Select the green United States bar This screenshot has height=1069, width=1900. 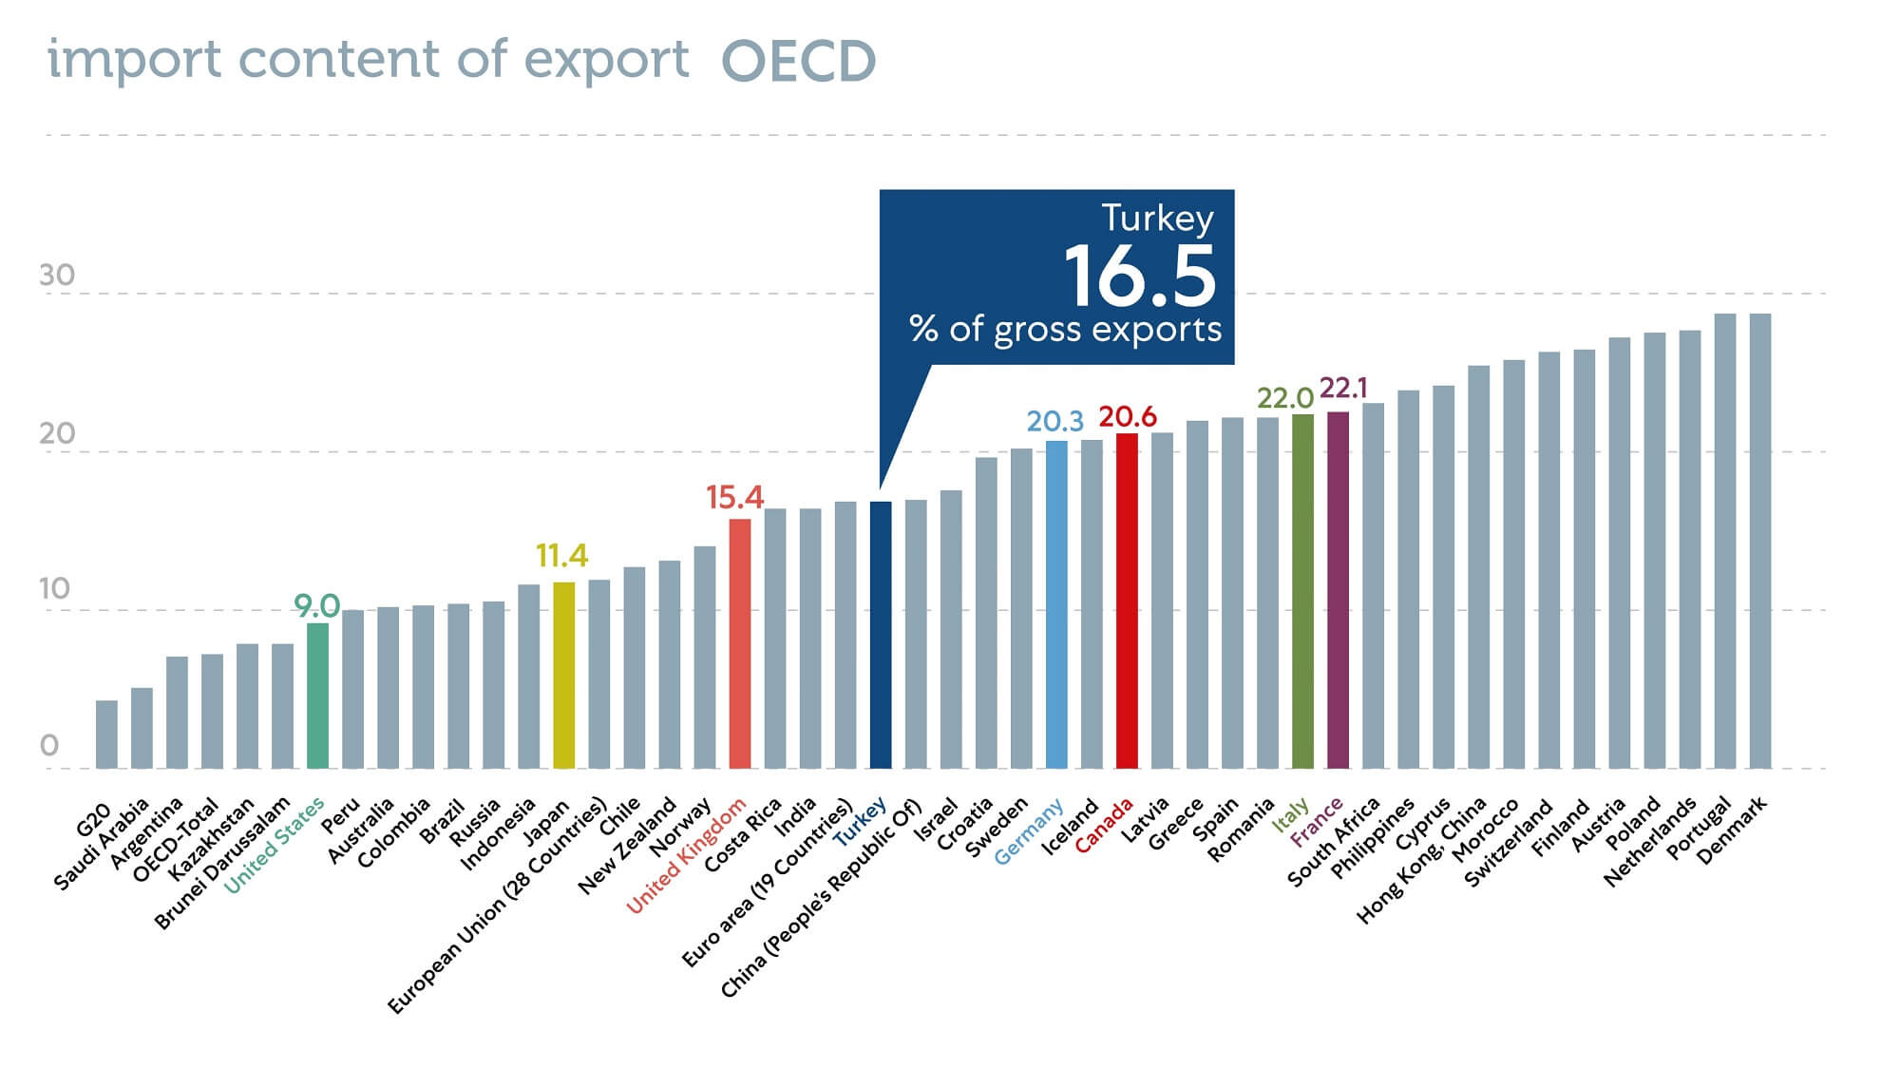click(318, 696)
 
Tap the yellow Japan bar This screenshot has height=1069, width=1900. click(563, 675)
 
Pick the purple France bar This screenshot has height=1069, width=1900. click(1338, 589)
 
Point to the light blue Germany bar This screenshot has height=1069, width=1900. click(1056, 604)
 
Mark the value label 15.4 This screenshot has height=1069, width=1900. click(734, 497)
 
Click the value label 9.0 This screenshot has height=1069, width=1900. click(316, 605)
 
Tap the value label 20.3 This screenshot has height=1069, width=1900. click(1054, 421)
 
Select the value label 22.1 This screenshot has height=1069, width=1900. click(1343, 388)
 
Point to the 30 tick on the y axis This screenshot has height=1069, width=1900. click(57, 276)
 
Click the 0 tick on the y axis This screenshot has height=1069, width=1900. click(49, 746)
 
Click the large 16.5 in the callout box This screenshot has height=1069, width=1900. click(1139, 276)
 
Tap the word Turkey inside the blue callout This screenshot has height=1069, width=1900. click(1157, 219)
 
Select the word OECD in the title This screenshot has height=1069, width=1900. click(798, 61)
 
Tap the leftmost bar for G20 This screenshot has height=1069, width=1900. click(106, 735)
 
